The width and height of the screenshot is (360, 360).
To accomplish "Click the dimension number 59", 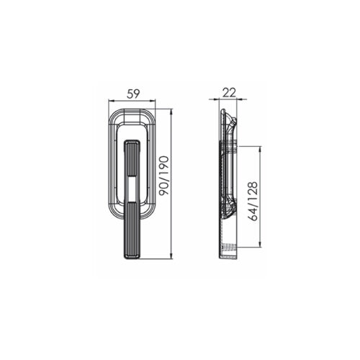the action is pyautogui.click(x=133, y=94).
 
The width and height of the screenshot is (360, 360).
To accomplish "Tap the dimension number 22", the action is pyautogui.click(x=229, y=92).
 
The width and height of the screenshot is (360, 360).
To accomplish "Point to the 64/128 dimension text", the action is pyautogui.click(x=253, y=201).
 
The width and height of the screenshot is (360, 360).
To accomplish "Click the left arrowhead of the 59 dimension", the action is pyautogui.click(x=111, y=102).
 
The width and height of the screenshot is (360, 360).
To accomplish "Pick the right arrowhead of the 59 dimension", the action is pyautogui.click(x=153, y=102).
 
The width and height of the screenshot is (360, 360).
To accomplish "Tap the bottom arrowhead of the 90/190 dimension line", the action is pyautogui.click(x=171, y=256).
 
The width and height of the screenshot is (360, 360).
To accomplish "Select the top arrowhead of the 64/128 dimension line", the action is pyautogui.click(x=260, y=149).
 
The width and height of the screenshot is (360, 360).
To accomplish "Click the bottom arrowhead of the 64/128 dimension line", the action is pyautogui.click(x=260, y=244).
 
